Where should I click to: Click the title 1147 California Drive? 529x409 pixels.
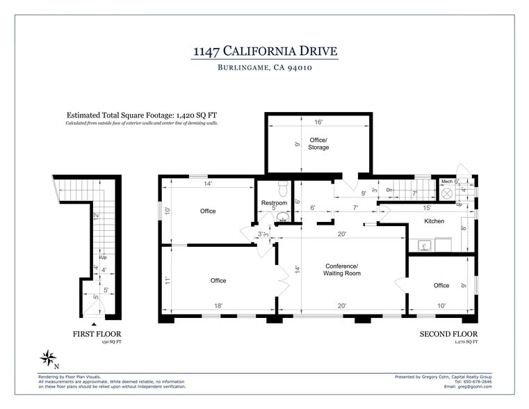(264, 51)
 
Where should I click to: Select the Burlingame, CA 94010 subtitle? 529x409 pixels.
(264, 68)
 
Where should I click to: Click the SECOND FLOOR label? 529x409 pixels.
(448, 334)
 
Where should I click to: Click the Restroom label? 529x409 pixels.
(274, 203)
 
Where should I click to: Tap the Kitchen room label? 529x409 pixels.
(434, 221)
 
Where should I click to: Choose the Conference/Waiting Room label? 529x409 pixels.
(341, 270)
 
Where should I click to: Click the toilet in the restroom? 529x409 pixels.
(282, 189)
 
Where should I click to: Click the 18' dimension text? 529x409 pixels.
(218, 305)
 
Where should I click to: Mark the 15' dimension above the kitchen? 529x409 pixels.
(427, 207)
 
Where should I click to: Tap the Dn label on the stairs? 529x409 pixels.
(390, 190)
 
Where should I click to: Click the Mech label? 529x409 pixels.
(447, 182)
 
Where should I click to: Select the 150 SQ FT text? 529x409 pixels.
(92, 342)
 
